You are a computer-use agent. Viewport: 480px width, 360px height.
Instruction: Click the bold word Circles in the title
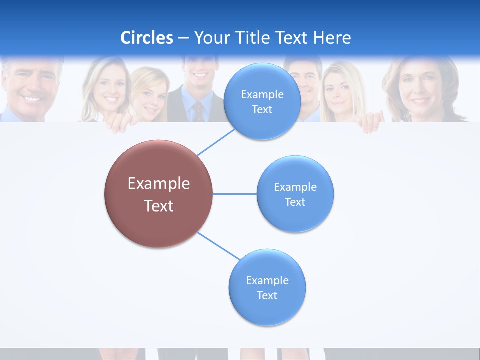coord(147,38)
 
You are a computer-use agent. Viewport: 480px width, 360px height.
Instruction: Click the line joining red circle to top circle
coord(216,142)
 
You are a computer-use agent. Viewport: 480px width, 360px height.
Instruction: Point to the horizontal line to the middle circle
coord(234,194)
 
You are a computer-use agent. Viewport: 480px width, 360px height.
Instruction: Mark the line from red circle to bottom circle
coord(219,246)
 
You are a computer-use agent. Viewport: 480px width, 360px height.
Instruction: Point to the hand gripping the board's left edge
coord(120,123)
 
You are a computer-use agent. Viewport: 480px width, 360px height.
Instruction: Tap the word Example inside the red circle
coord(159,184)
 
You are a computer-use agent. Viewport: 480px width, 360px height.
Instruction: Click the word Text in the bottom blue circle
coord(267,296)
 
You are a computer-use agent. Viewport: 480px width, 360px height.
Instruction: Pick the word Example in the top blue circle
coord(262,95)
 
